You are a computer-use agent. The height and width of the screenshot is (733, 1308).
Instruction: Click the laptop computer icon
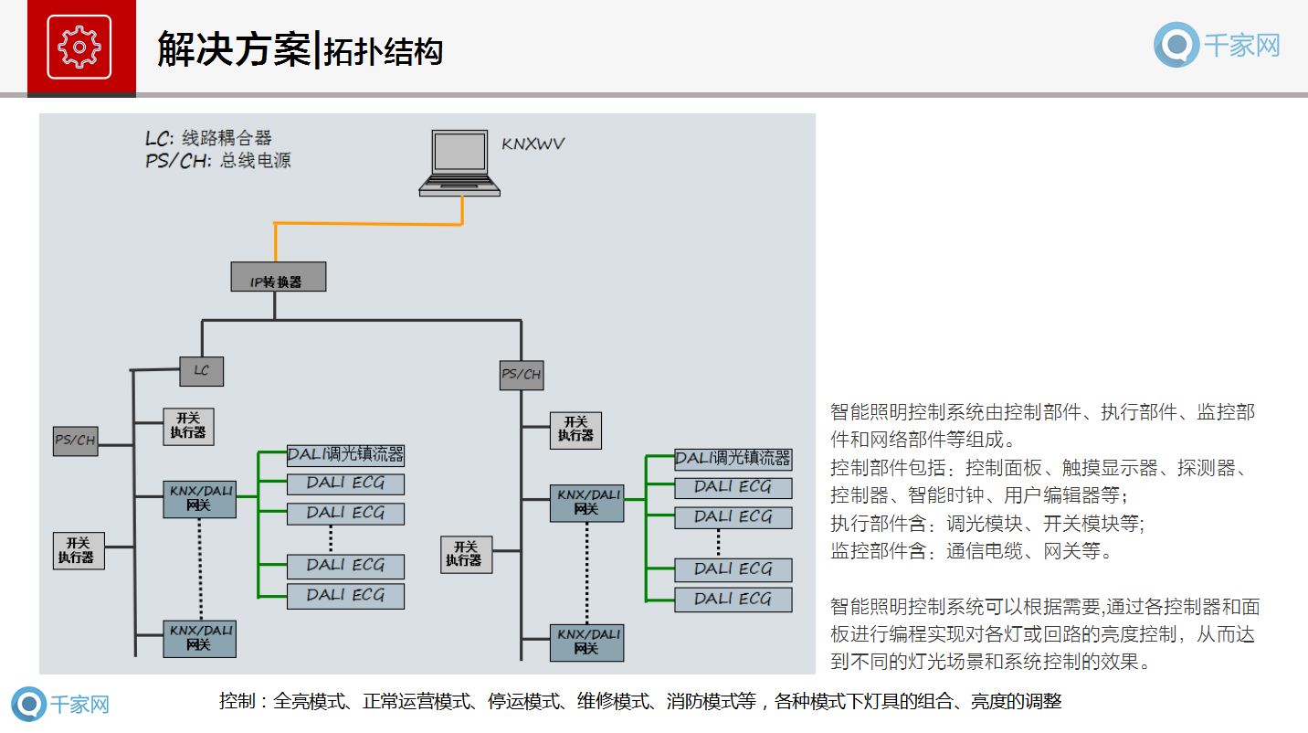tap(460, 163)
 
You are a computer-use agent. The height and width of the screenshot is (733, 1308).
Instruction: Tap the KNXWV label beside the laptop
tap(533, 143)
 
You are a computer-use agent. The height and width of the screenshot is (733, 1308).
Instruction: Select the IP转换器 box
tap(278, 278)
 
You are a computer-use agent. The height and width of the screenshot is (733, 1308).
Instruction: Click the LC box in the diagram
tap(201, 370)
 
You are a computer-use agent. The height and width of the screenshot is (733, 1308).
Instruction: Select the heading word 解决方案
tap(234, 49)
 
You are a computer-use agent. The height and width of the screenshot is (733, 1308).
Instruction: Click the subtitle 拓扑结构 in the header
tap(384, 51)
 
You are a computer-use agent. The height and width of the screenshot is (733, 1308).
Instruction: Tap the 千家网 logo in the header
tap(1217, 45)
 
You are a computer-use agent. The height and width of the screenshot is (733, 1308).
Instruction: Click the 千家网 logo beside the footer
tap(60, 705)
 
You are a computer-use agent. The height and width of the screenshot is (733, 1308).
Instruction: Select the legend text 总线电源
tap(256, 161)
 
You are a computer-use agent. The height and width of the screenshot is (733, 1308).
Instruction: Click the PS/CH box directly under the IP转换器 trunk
tap(522, 375)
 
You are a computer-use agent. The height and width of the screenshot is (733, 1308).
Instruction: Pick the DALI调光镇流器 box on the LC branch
tap(345, 455)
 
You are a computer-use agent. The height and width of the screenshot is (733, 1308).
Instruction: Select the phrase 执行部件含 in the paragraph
tap(878, 524)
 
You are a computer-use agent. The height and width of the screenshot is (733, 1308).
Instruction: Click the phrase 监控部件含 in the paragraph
tap(878, 551)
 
